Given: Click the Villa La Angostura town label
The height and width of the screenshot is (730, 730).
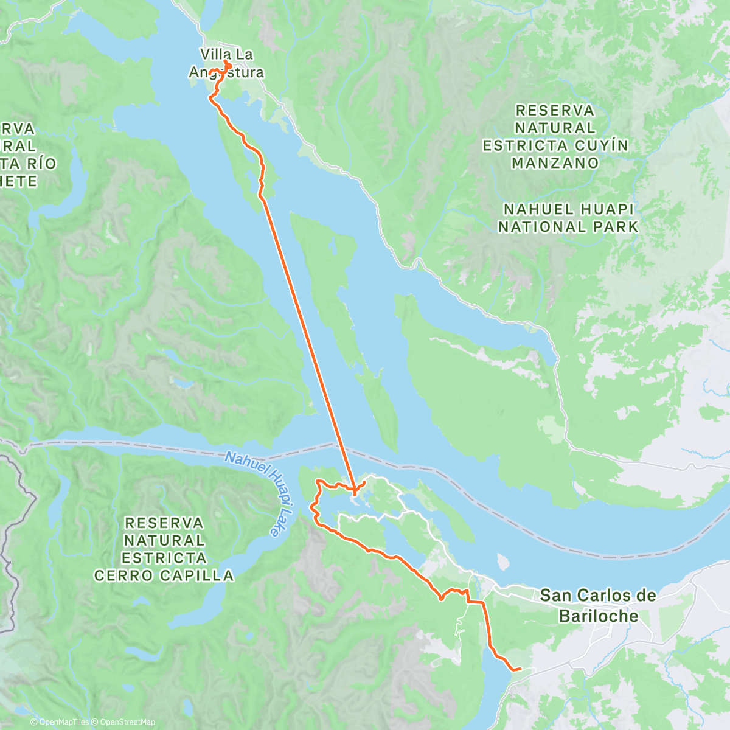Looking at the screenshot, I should [227, 63].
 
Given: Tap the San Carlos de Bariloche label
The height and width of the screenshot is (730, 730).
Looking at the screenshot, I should [598, 605].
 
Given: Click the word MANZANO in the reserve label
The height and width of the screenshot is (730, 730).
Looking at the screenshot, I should [555, 163].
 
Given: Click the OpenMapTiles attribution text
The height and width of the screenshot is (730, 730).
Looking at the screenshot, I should [64, 722].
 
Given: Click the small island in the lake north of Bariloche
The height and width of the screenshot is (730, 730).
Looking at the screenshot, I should [502, 561].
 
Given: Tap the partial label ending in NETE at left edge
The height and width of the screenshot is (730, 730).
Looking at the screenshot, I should [18, 181].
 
